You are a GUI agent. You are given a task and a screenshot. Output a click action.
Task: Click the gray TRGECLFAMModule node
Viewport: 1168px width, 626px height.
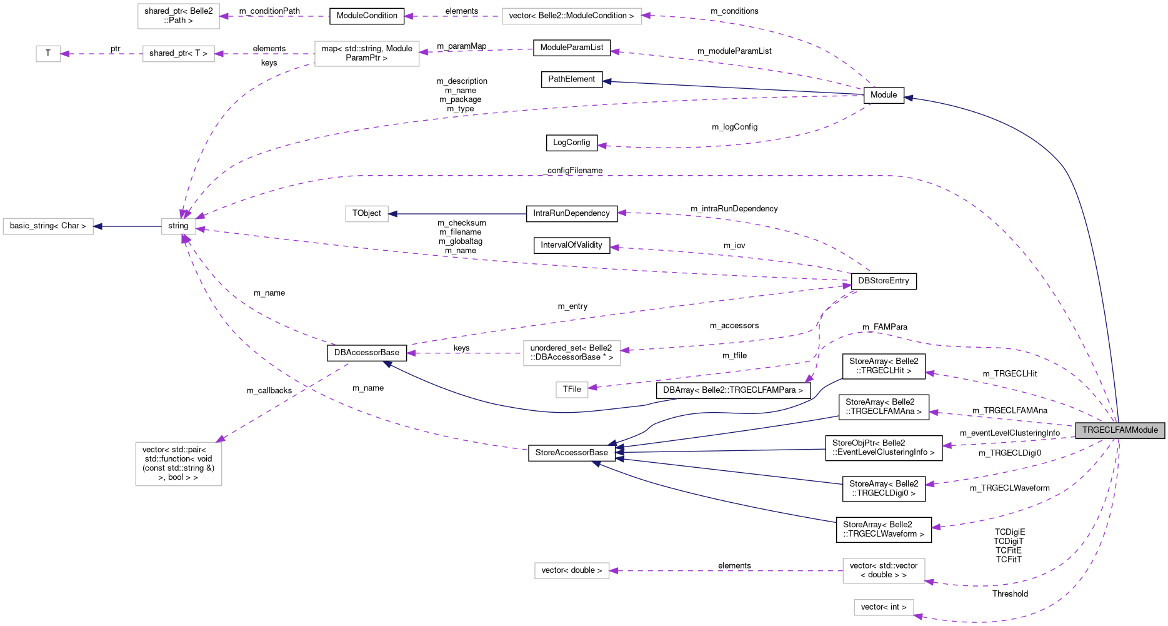coord(1119,430)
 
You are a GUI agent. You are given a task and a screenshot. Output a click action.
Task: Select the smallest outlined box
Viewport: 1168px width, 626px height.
coord(48,54)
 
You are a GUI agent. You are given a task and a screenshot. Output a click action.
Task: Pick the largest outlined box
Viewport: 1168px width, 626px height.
coord(179,464)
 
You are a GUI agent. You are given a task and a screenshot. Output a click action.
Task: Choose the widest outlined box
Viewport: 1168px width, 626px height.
coord(572,16)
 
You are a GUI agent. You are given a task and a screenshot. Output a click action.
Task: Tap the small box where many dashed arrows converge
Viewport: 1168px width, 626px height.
coord(179,226)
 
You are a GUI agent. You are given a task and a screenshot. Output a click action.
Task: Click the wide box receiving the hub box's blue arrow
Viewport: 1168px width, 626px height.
coord(48,226)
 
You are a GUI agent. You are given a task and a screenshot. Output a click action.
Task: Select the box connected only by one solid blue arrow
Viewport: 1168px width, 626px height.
coord(367,214)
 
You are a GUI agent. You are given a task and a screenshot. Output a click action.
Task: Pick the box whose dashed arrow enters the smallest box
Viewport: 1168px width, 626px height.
coord(179,54)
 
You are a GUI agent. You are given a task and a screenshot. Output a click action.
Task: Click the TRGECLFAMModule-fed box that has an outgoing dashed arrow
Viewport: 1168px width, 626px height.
coord(884,571)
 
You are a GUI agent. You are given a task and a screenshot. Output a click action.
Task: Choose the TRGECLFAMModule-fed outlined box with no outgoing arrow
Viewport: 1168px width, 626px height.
coord(884,607)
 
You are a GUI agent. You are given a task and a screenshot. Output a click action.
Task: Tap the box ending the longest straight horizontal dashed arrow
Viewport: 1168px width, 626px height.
coord(572,571)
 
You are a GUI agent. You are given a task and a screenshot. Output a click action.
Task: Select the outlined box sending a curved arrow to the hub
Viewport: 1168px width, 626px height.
coord(367,54)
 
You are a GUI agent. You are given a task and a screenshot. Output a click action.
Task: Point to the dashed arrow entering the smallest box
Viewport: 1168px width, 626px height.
coord(100,54)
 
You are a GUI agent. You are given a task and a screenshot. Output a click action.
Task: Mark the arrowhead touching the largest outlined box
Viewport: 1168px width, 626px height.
coord(220,439)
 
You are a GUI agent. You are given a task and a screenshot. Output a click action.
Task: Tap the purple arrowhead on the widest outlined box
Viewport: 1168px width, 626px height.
coord(646,16)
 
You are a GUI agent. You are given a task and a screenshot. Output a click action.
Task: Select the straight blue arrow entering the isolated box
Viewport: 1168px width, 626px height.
coord(456,214)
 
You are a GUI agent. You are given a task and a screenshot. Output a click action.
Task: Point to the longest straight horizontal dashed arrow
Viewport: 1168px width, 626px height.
coord(725,571)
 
